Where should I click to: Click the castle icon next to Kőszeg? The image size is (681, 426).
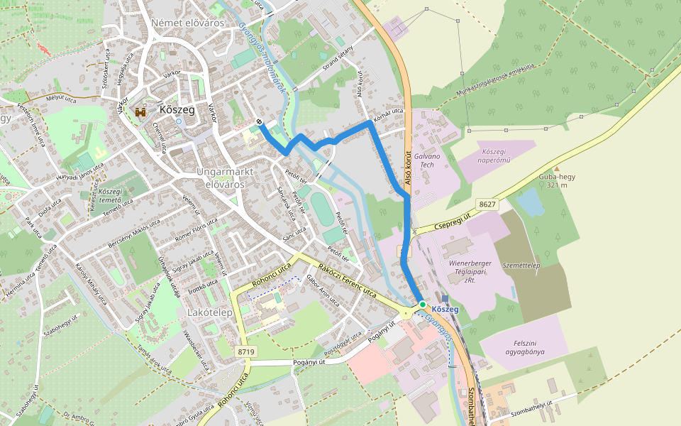141,111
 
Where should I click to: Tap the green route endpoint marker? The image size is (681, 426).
422,304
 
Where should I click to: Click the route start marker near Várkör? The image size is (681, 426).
260,122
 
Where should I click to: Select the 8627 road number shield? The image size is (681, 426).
487,204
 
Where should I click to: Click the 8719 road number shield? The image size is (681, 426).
246,351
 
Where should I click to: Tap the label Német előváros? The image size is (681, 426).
187,23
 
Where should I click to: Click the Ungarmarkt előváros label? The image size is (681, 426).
220,177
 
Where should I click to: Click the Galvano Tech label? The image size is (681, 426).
427,160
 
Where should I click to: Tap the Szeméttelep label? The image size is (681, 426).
521,266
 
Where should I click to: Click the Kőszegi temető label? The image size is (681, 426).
111,196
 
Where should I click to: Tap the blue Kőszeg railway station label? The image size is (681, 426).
445,310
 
